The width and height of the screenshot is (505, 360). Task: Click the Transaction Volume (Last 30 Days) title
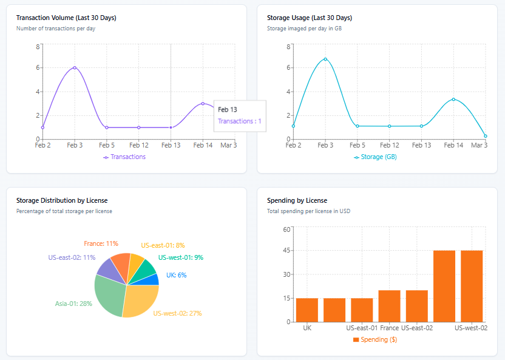tap(66, 18)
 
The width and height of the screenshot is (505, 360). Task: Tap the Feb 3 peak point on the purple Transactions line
tap(75, 67)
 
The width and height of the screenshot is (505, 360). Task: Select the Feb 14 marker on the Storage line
tap(453, 99)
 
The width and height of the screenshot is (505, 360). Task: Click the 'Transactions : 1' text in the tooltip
tap(240, 121)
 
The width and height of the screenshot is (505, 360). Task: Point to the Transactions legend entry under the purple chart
tap(124, 157)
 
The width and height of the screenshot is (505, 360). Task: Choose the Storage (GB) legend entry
tap(375, 157)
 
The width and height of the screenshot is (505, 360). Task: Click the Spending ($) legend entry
tap(375, 339)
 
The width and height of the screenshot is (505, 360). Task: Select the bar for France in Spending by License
tap(389, 306)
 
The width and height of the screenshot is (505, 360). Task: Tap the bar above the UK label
tap(307, 310)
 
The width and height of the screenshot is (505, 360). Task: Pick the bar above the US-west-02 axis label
tap(472, 286)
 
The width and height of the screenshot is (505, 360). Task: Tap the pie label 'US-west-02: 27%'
tap(177, 313)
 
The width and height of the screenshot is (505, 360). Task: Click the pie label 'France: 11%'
tap(101, 243)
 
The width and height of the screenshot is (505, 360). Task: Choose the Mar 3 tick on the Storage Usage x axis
tap(480, 145)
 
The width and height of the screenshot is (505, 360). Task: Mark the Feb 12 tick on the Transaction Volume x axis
tap(139, 145)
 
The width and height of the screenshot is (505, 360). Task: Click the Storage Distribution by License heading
tap(62, 200)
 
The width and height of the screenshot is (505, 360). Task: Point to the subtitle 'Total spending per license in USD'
tap(308, 211)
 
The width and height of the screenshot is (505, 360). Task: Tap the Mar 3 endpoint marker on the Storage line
tap(486, 136)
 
